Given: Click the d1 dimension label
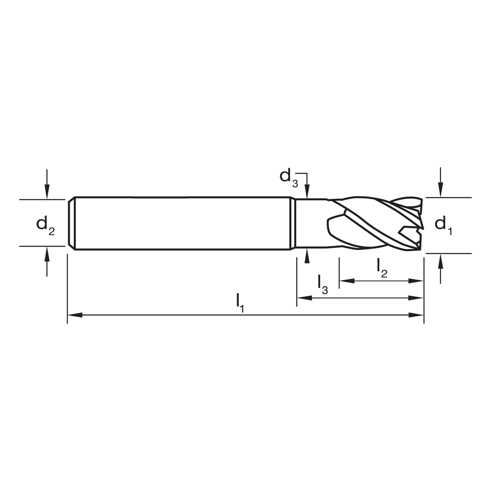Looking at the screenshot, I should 443,225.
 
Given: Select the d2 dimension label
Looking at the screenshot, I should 46,225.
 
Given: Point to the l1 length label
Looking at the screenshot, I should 240,301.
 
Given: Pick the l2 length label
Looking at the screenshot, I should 382,267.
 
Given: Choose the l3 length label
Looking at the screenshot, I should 322,284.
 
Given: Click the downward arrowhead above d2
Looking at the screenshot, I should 47,193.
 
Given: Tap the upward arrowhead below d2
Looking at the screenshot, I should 47,253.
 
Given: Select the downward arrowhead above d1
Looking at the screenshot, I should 441,191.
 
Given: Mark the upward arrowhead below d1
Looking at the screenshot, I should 441,260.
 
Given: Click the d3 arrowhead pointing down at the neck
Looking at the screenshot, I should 307,193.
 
